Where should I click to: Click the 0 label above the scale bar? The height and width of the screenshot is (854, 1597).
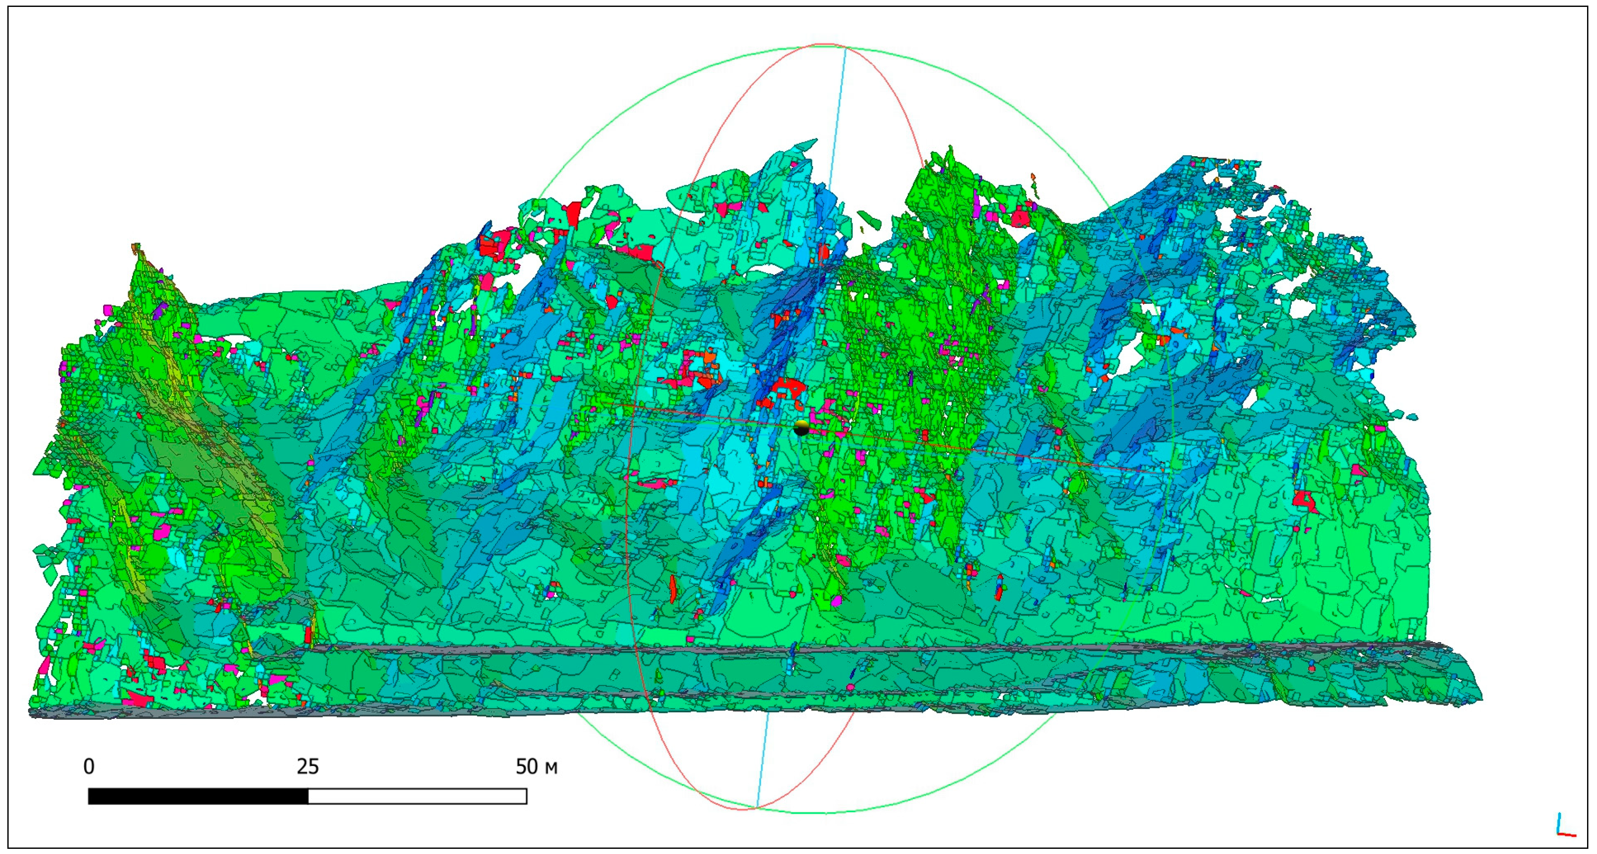(x=89, y=767)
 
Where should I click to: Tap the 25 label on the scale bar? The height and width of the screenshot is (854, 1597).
(x=307, y=767)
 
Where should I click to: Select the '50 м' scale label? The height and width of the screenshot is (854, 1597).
(x=536, y=767)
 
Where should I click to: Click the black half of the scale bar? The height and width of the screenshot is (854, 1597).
(x=199, y=796)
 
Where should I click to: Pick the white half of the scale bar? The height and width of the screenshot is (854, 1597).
(x=417, y=796)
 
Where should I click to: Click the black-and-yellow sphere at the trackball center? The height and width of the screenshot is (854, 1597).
(x=801, y=428)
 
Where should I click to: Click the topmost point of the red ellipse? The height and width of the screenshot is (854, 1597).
(x=826, y=44)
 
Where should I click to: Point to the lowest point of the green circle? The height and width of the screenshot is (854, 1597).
(x=806, y=813)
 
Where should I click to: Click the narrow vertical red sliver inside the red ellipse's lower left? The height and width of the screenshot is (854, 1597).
(x=673, y=589)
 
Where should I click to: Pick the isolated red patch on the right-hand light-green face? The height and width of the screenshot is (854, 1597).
(x=1306, y=501)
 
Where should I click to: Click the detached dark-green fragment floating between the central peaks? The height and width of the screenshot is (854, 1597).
(x=869, y=218)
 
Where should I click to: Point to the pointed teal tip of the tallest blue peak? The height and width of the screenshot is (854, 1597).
(x=815, y=141)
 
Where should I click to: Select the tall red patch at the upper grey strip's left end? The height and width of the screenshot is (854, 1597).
(x=308, y=633)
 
